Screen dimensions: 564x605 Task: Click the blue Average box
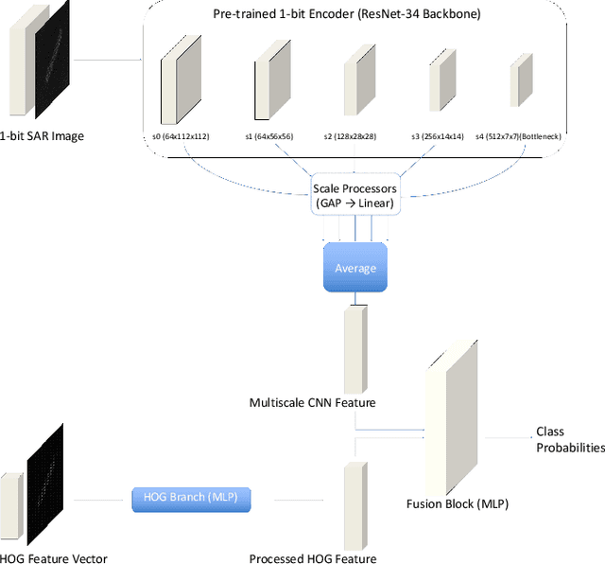(x=355, y=267)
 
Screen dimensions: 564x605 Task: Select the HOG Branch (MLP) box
(x=192, y=500)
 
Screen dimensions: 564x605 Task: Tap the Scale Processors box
(x=354, y=196)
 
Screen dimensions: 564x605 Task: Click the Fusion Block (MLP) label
(x=457, y=503)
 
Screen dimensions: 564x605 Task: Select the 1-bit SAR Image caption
(x=42, y=135)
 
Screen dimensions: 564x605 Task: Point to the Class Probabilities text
(x=569, y=439)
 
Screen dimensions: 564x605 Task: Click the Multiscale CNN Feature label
(x=313, y=402)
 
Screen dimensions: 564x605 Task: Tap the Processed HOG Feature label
(x=312, y=558)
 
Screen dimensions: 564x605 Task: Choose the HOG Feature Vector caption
(x=54, y=558)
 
